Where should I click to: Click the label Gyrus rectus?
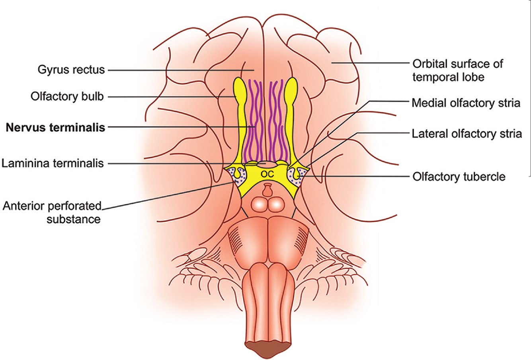(71, 70)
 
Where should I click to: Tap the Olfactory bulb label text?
(68, 97)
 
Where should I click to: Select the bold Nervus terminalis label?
(55, 127)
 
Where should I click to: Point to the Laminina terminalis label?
(53, 163)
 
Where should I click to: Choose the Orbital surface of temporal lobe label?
(457, 70)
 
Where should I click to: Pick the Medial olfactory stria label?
(466, 103)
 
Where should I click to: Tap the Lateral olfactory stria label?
(467, 134)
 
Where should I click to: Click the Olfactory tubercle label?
(459, 176)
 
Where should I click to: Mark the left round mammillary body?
(259, 205)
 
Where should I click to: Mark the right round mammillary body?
(275, 205)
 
